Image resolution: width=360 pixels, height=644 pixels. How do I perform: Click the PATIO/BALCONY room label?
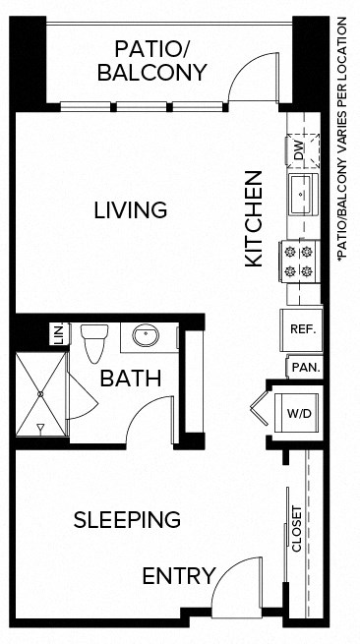[x=160, y=60]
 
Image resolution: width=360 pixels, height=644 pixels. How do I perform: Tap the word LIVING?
[x=131, y=209]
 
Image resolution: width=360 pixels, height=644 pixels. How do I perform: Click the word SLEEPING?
[x=128, y=519]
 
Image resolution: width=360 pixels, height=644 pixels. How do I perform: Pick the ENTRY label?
[x=178, y=576]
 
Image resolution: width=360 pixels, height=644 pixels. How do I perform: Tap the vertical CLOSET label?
[x=297, y=529]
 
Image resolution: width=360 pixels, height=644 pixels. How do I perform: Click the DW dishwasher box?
[x=300, y=150]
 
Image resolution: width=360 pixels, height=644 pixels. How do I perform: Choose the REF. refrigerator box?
[x=301, y=329]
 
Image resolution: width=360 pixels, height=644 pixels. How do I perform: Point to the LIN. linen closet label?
[x=57, y=334]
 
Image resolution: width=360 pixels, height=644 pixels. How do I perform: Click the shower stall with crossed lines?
[x=41, y=393]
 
